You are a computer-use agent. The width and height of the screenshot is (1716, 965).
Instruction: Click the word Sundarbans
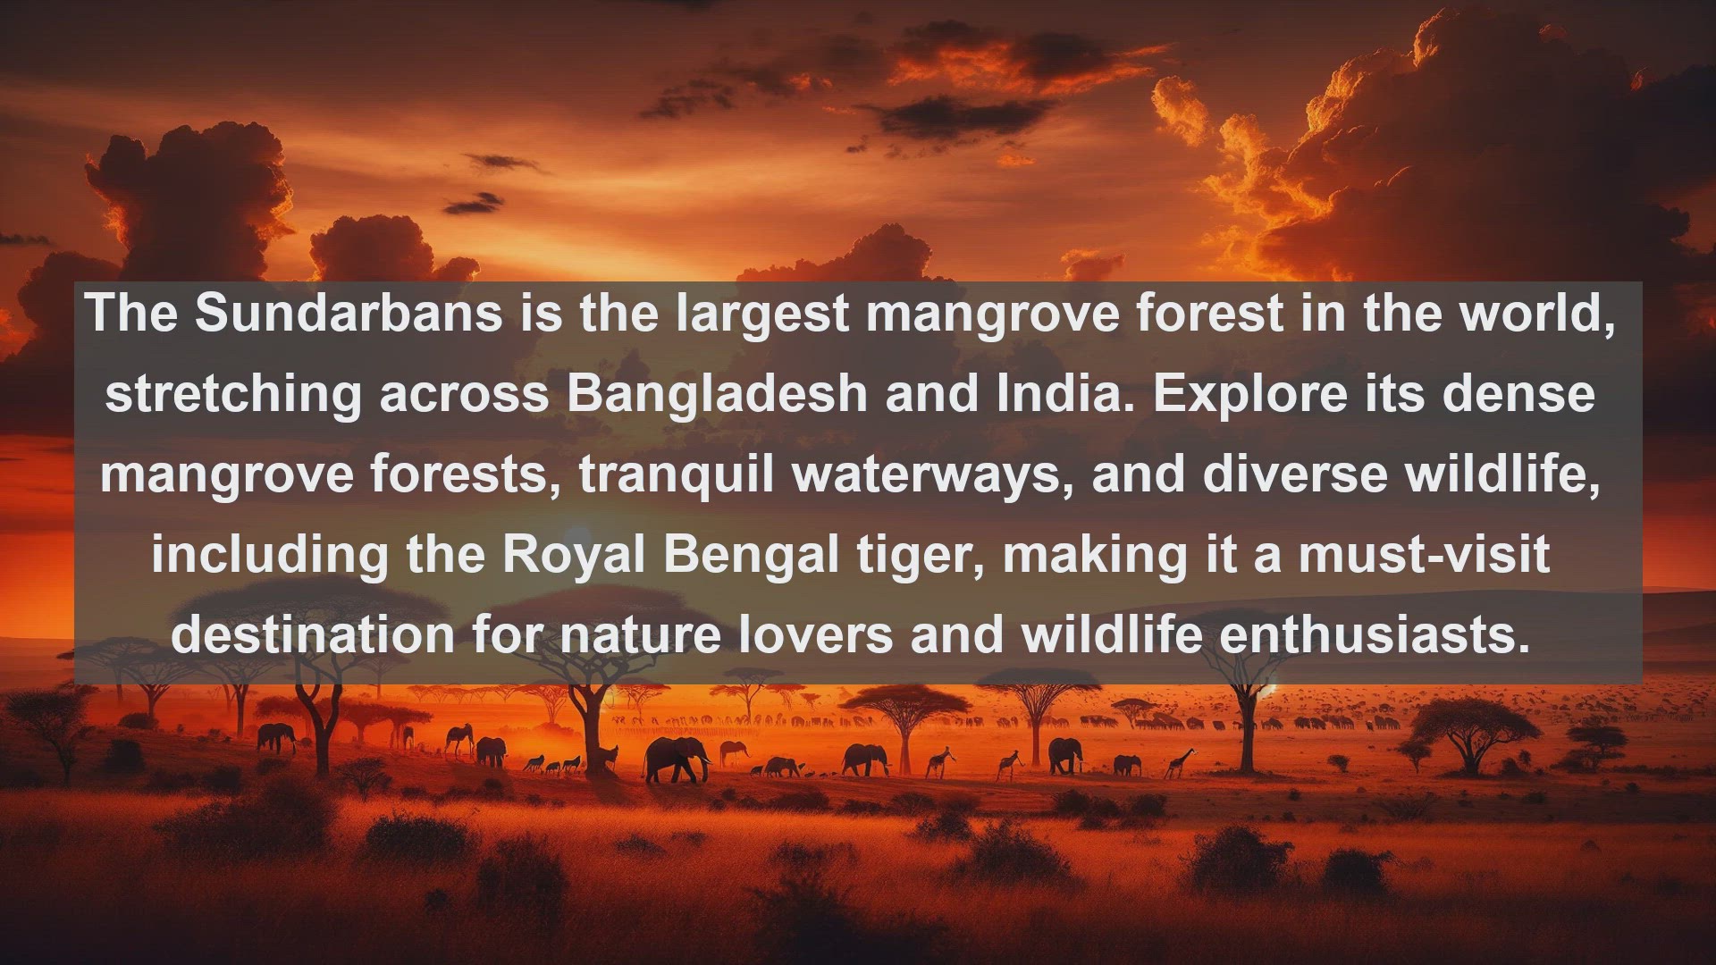348,313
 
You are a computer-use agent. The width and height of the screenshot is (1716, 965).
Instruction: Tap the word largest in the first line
761,315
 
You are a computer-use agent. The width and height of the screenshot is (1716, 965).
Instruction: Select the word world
1537,313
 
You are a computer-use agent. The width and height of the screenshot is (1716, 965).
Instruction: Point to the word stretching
233,395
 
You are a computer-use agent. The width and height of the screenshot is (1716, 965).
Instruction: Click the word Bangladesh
717,393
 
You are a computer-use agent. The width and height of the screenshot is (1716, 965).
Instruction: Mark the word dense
1518,393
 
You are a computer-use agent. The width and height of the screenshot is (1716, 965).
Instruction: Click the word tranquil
677,475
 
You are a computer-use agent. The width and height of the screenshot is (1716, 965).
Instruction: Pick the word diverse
1295,474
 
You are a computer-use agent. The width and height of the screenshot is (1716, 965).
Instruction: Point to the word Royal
574,556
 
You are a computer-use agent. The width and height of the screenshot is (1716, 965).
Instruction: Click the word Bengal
751,556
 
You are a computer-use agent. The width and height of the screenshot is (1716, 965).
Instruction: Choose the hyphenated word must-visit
1424,554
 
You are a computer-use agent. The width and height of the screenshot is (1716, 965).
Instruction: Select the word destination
313,634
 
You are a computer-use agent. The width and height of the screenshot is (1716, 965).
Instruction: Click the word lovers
816,634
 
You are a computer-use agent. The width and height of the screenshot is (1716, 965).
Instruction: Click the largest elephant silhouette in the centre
677,759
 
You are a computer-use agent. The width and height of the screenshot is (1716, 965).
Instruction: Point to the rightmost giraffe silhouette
1180,762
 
